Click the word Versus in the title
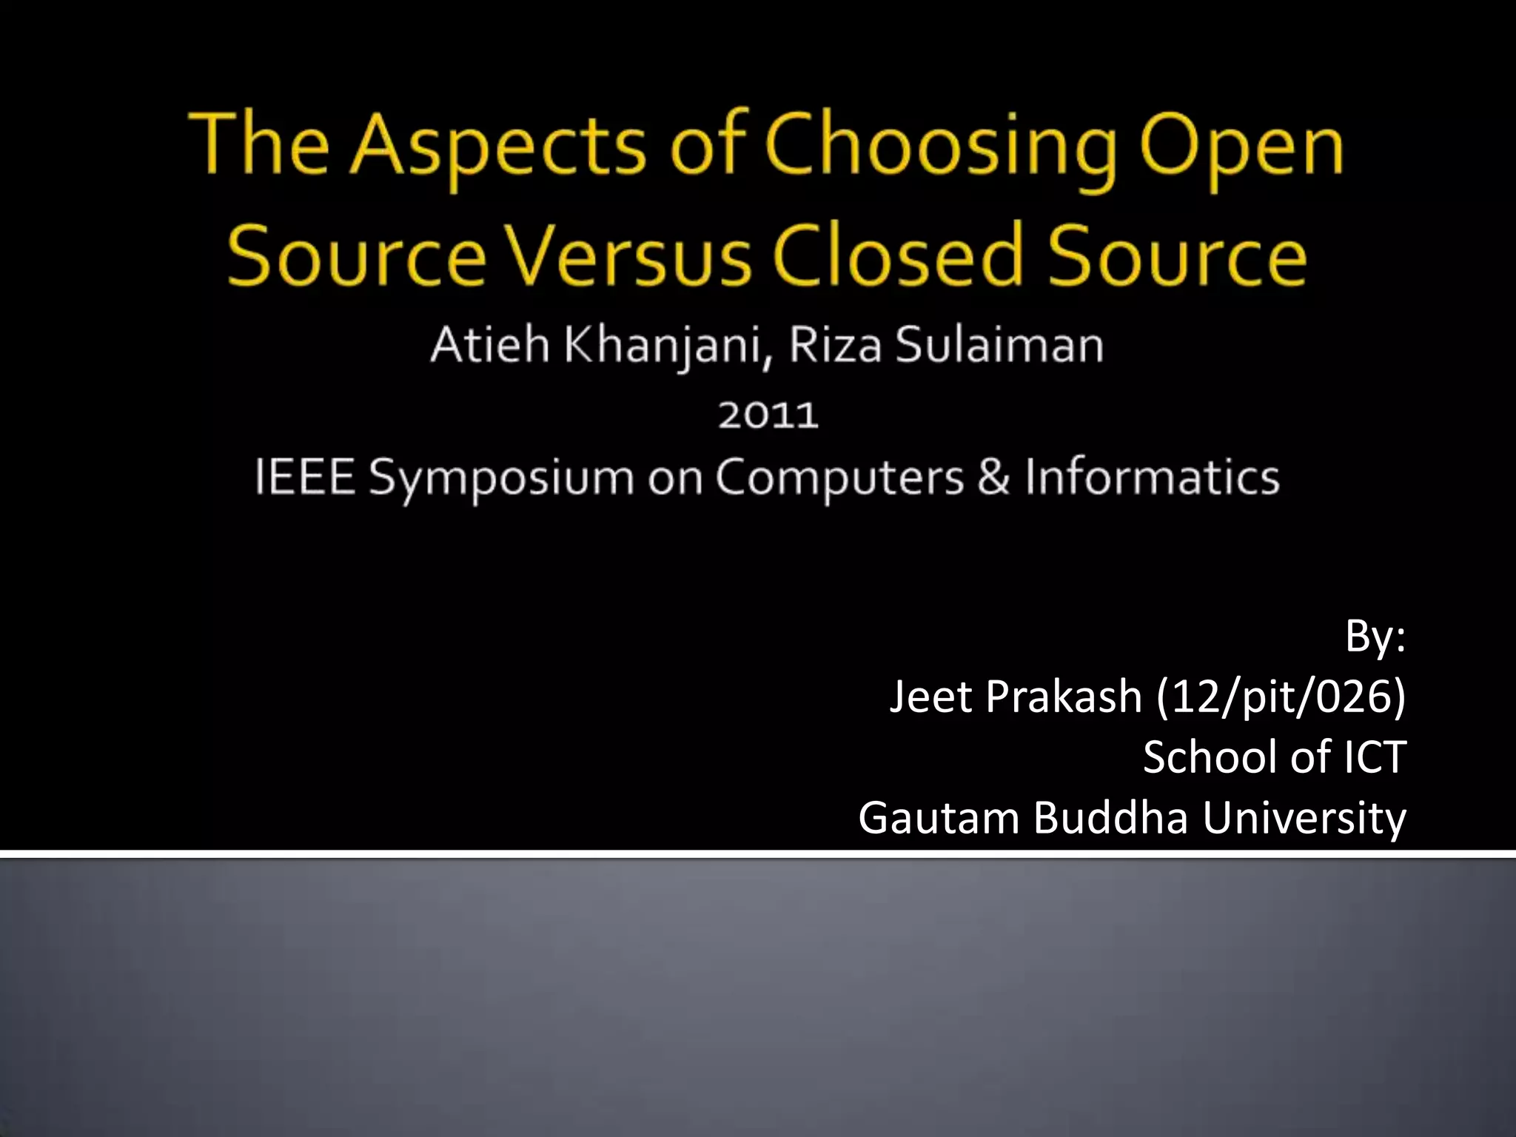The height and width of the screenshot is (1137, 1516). pos(628,255)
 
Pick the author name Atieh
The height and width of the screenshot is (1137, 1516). pos(489,345)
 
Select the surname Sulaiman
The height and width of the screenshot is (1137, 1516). pos(1000,345)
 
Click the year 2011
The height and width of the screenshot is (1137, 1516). pos(768,415)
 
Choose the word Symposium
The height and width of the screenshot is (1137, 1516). pos(501,478)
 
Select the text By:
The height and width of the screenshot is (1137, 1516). pos(1375,637)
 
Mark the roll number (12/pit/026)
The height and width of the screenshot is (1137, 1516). pos(1280,697)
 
